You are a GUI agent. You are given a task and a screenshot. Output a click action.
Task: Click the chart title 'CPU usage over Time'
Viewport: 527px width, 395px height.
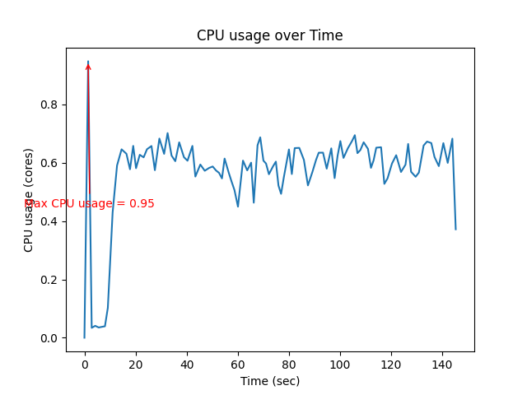pyautogui.click(x=269, y=36)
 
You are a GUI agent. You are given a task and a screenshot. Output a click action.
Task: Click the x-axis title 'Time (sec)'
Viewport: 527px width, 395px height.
pyautogui.click(x=269, y=381)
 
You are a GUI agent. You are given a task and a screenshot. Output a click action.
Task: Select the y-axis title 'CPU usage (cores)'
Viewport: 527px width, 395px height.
pyautogui.click(x=29, y=200)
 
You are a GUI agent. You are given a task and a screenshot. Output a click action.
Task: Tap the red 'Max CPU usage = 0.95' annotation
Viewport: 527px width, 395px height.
pyautogui.click(x=89, y=203)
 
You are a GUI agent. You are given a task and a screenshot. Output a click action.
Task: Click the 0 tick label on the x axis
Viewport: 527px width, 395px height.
pyautogui.click(x=85, y=364)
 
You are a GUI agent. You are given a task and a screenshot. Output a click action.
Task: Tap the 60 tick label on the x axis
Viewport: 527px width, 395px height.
pyautogui.click(x=238, y=364)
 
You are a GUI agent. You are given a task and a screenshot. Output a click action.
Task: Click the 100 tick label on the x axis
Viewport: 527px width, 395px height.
pyautogui.click(x=340, y=364)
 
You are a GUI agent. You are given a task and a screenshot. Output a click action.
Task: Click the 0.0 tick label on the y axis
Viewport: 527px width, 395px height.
pyautogui.click(x=50, y=338)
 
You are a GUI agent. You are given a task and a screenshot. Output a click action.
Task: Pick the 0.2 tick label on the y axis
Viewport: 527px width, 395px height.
pyautogui.click(x=50, y=280)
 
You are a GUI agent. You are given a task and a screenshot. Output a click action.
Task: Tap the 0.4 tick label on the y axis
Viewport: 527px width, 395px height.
pyautogui.click(x=50, y=221)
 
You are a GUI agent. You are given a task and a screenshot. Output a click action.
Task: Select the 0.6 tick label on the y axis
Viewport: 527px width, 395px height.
pyautogui.click(x=50, y=163)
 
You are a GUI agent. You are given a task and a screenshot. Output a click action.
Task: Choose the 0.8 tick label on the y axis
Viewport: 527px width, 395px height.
pyautogui.click(x=50, y=105)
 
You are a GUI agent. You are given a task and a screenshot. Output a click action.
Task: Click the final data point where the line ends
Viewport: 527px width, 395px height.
pyautogui.click(x=455, y=229)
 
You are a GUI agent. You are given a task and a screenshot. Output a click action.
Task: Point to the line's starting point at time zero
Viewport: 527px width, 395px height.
pyautogui.click(x=85, y=337)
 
